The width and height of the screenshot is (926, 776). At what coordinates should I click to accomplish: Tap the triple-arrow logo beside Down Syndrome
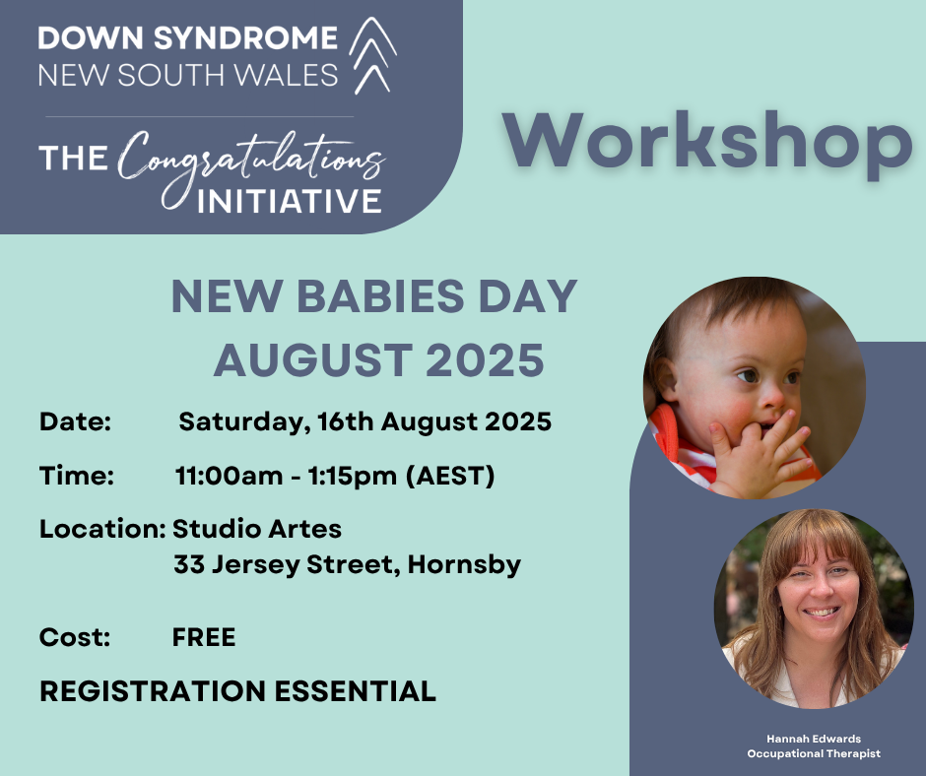click(372, 55)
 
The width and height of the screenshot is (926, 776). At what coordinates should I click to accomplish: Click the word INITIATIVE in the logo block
click(290, 201)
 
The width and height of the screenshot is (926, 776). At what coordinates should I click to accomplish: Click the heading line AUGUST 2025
click(378, 360)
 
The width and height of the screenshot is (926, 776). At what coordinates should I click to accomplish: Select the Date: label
click(75, 421)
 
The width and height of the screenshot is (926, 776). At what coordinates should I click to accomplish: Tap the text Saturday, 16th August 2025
click(364, 422)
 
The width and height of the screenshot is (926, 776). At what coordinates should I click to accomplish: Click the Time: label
click(77, 476)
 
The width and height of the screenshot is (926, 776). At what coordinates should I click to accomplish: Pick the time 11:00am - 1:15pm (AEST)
click(335, 476)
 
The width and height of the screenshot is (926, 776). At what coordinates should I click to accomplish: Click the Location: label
click(102, 529)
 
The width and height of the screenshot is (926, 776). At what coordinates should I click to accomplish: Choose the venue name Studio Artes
click(257, 529)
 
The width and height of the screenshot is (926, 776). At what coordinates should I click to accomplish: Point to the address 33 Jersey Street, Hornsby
click(347, 564)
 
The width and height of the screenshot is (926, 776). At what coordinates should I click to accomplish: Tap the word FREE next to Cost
click(204, 637)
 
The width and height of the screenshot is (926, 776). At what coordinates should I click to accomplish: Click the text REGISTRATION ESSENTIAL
click(237, 691)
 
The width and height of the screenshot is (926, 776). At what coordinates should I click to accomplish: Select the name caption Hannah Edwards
click(814, 739)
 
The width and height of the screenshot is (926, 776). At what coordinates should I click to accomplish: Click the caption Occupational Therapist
click(814, 753)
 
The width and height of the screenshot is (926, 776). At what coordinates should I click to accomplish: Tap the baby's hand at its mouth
click(759, 449)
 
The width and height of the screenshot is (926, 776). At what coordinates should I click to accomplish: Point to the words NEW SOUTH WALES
click(188, 76)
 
